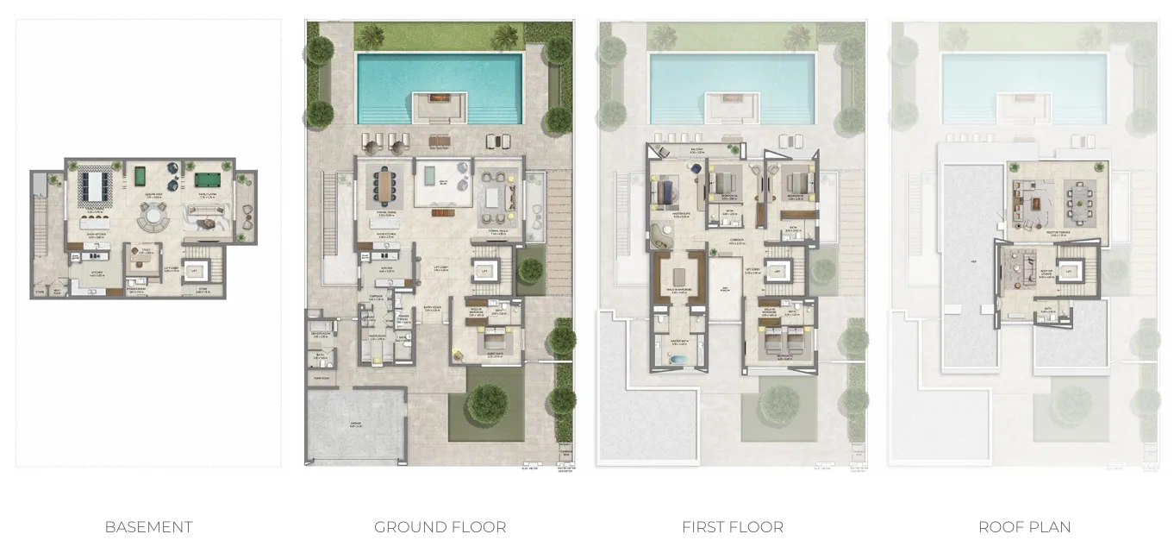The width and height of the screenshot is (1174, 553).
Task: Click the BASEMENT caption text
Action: [x=148, y=527]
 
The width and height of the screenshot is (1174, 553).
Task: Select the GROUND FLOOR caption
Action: [x=440, y=527]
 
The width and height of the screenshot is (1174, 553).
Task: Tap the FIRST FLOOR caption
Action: [x=732, y=527]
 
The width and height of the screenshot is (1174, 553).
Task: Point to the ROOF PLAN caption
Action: [x=1024, y=527]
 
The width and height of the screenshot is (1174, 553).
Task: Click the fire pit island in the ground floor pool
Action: [x=440, y=107]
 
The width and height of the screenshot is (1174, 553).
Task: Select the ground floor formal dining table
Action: [x=384, y=183]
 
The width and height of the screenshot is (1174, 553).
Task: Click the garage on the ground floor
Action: [x=356, y=426]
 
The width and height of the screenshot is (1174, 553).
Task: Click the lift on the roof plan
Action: [x=1070, y=272]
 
